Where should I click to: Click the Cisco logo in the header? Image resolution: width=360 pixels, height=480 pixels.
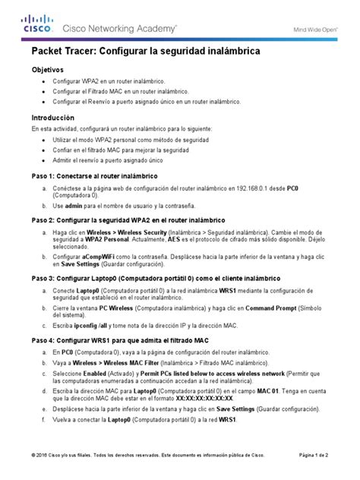pyautogui.click(x=36, y=24)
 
